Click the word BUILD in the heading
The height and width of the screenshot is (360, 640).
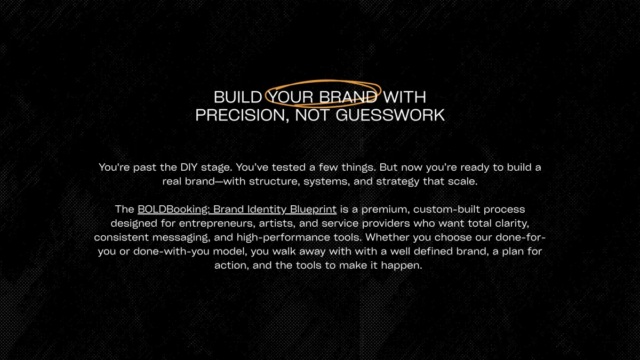(x=238, y=97)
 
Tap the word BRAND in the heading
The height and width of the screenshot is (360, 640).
(x=348, y=97)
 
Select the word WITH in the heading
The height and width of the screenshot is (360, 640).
(x=405, y=97)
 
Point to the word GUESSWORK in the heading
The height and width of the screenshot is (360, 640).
(x=390, y=115)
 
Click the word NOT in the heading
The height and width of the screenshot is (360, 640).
(x=313, y=115)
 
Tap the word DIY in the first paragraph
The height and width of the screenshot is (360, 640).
(x=189, y=167)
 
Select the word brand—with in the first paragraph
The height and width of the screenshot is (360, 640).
(x=215, y=181)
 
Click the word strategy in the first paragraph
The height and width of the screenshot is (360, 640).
(x=398, y=182)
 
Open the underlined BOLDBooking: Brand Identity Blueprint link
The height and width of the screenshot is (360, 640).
(x=237, y=210)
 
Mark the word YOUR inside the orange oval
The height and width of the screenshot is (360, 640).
(x=291, y=97)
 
